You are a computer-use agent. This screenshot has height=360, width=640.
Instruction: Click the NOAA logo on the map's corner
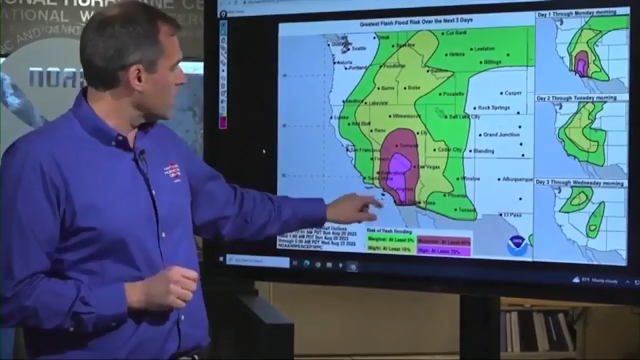[x=516, y=244]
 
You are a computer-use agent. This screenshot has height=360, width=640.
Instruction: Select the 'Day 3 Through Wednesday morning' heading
[x=584, y=181]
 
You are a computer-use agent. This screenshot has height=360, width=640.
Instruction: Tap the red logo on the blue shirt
[x=174, y=173]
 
